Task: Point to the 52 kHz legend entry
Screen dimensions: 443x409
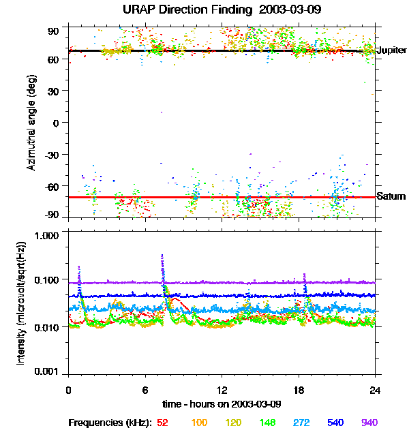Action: click(162, 423)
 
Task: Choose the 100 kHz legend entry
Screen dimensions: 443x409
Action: click(199, 423)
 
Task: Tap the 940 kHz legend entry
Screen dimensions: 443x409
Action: click(369, 423)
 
